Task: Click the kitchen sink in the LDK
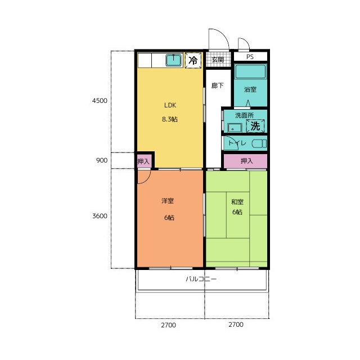[x=174, y=60]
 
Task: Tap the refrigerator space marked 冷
[x=193, y=60]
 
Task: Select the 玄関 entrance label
[x=218, y=60]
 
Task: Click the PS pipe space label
[x=250, y=57]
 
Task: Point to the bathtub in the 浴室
[x=250, y=71]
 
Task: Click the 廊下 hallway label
[x=218, y=85]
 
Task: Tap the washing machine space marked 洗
[x=255, y=126]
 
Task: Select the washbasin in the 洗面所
[x=235, y=128]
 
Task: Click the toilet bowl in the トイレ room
[x=259, y=144]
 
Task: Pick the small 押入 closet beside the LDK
[x=143, y=161]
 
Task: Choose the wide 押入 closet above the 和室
[x=245, y=161]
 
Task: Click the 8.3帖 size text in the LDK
[x=170, y=119]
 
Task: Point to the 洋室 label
[x=168, y=201]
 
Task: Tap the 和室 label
[x=237, y=202]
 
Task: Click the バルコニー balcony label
[x=201, y=279]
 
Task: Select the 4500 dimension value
[x=100, y=101]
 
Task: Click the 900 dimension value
[x=102, y=160]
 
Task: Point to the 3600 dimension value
[x=100, y=216]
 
